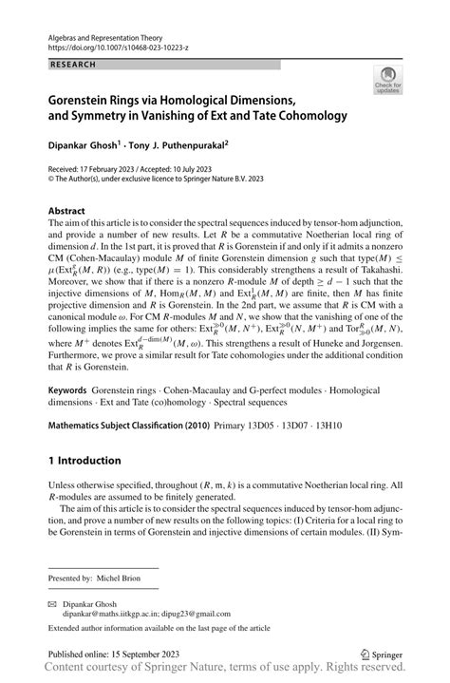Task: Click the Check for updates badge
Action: point(387,82)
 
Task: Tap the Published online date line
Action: point(116,655)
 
